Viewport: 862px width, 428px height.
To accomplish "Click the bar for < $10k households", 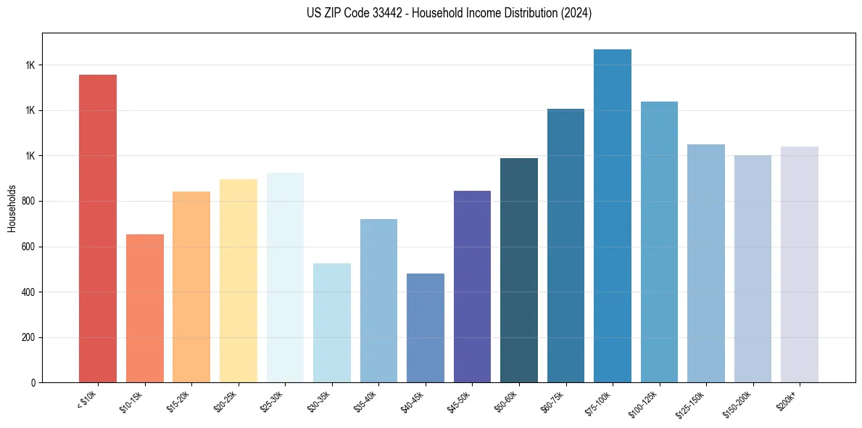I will (x=98, y=229).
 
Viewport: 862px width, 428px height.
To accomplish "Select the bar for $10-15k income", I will (x=145, y=308).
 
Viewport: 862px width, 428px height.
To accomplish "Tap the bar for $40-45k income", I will (x=426, y=328).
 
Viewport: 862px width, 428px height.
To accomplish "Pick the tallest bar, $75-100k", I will (x=613, y=216).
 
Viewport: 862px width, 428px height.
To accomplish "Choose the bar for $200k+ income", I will (x=800, y=265).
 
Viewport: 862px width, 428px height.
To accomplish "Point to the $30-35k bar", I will (x=332, y=323).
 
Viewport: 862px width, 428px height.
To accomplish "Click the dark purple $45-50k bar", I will (x=472, y=287).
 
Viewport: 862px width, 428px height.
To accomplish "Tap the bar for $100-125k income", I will (x=659, y=242).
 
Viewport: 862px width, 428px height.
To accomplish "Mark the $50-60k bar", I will (x=519, y=270).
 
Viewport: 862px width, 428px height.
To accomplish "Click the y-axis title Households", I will (x=12, y=207).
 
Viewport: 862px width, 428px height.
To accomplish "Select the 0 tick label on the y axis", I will (x=33, y=383).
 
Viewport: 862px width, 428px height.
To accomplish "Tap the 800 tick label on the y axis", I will (x=28, y=202).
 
